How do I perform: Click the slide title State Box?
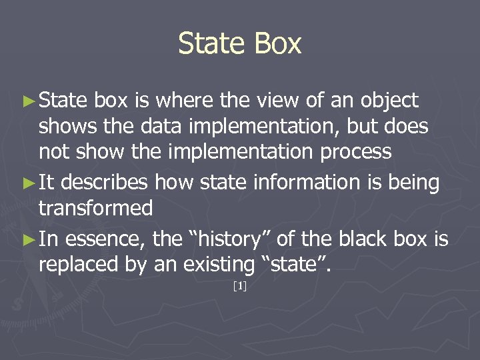click(x=240, y=44)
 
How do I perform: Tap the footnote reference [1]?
click(x=240, y=287)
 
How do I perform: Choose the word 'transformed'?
click(x=96, y=209)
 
